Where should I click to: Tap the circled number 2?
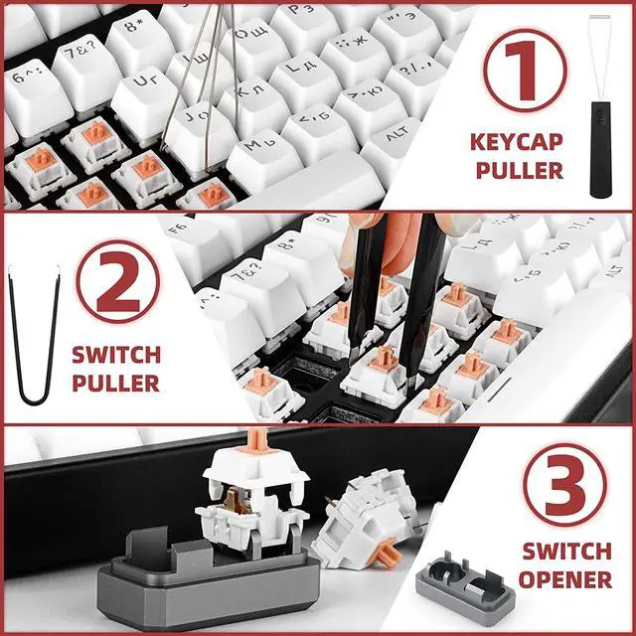(x=117, y=284)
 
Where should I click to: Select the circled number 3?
(x=563, y=485)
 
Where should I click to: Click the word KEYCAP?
(x=517, y=142)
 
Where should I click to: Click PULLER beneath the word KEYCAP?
(x=519, y=170)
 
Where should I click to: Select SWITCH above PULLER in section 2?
(x=116, y=355)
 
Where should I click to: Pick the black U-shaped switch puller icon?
(x=36, y=338)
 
